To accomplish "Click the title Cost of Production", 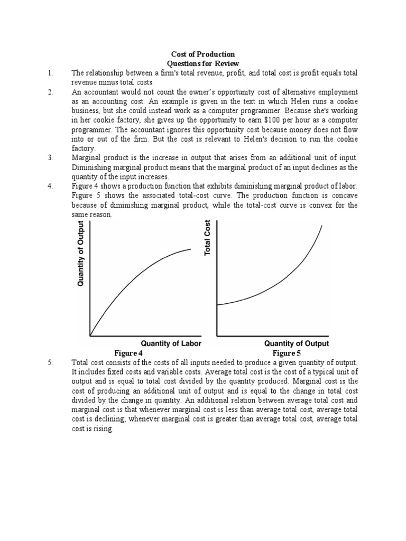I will (203, 54).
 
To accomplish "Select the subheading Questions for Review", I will (203, 63).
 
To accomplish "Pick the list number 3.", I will (50, 158).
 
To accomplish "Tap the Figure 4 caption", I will (128, 353).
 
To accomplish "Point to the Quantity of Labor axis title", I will (171, 343).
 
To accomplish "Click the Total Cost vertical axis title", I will (208, 238).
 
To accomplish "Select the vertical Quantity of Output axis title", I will (81, 254).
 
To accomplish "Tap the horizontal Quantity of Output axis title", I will (297, 343).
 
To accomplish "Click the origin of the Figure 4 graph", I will (90, 335).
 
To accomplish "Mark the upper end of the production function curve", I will (191, 249).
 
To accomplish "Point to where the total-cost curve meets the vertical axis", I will (217, 305).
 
